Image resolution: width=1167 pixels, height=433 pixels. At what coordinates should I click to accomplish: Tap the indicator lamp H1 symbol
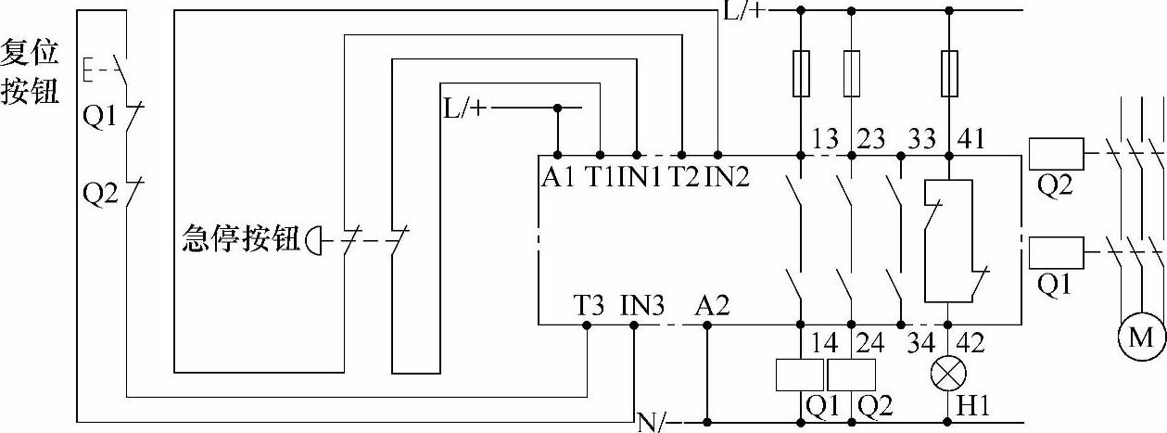click(x=947, y=373)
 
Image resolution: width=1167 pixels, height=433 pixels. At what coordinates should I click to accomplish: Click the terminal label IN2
click(x=727, y=176)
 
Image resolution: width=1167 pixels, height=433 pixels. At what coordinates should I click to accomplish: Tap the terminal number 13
click(x=823, y=139)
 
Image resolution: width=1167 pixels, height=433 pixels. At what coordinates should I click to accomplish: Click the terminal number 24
click(x=869, y=343)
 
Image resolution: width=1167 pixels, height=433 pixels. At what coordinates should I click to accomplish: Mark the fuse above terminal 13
click(x=802, y=73)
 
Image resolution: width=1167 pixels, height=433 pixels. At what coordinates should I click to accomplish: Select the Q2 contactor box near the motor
click(x=1056, y=151)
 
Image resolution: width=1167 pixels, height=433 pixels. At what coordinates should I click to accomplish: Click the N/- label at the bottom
click(x=652, y=423)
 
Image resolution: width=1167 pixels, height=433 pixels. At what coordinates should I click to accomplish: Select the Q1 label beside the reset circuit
click(x=97, y=118)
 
